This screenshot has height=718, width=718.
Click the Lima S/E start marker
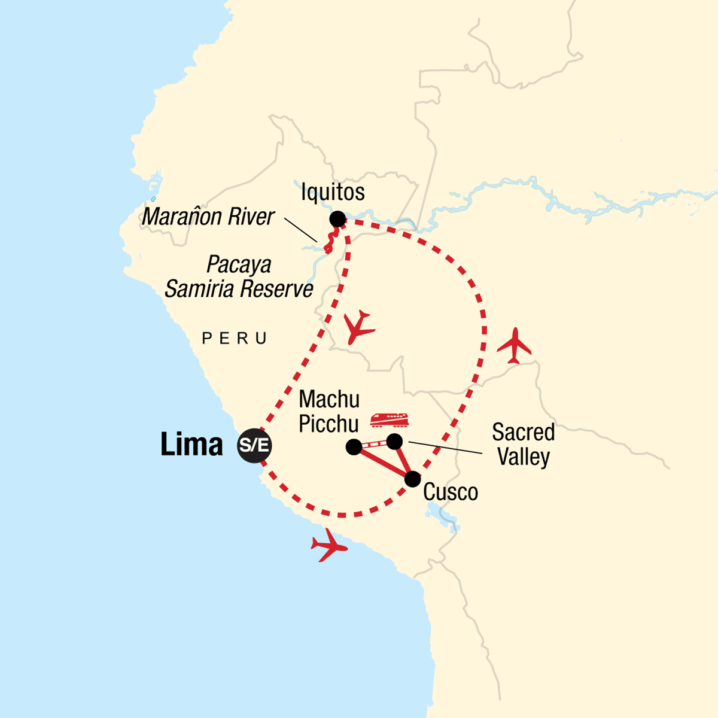point(254,446)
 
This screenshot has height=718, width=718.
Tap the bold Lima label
point(191,445)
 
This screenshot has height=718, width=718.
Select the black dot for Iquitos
point(337,219)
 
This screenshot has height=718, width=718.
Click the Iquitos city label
point(333,192)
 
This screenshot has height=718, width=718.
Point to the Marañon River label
point(208,217)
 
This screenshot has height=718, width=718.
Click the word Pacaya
point(239,264)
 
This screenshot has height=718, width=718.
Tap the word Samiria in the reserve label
point(202,290)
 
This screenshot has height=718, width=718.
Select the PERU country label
point(235,339)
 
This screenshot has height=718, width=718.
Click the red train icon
point(389,420)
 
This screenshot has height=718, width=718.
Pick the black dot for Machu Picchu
point(354,447)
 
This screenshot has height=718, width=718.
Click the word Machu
point(329,399)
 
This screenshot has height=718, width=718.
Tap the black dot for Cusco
point(412,479)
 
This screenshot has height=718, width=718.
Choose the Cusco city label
point(451,492)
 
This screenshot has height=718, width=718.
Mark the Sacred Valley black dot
point(394,442)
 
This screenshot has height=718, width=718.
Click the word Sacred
point(523,432)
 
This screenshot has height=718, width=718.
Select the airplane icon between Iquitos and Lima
point(359,327)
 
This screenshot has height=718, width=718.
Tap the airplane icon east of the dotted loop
point(514,345)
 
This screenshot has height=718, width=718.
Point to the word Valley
point(523,457)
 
